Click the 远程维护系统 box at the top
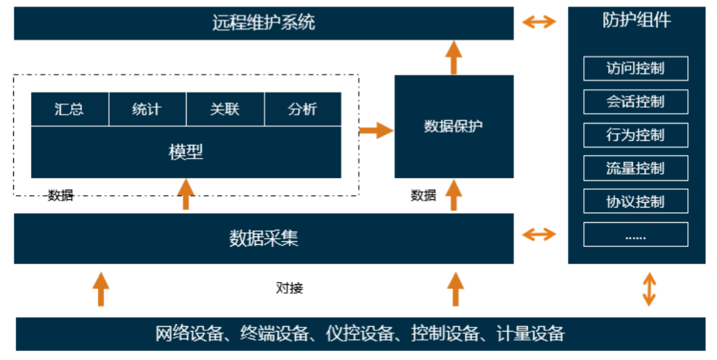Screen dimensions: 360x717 (263, 23)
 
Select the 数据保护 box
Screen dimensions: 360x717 (454, 126)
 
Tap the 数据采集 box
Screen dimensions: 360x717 (263, 239)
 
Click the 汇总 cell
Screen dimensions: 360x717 (69, 109)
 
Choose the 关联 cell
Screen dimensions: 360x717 (225, 109)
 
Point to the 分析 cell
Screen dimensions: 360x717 (303, 109)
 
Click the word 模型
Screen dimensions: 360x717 (186, 152)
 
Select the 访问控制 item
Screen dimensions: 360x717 (635, 68)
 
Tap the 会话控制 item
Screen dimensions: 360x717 (635, 102)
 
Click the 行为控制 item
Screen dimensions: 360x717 (635, 135)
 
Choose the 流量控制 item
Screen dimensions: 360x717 (635, 168)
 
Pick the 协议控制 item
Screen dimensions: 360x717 (635, 201)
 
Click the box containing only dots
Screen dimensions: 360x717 (635, 235)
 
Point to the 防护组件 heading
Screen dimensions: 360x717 (636, 20)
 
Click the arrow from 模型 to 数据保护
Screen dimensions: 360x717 (375, 129)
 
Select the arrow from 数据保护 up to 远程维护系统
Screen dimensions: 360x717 (453, 57)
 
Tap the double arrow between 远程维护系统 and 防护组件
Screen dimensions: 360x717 (539, 22)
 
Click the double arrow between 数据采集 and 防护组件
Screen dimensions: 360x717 (539, 234)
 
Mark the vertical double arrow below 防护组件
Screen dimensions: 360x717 (649, 289)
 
